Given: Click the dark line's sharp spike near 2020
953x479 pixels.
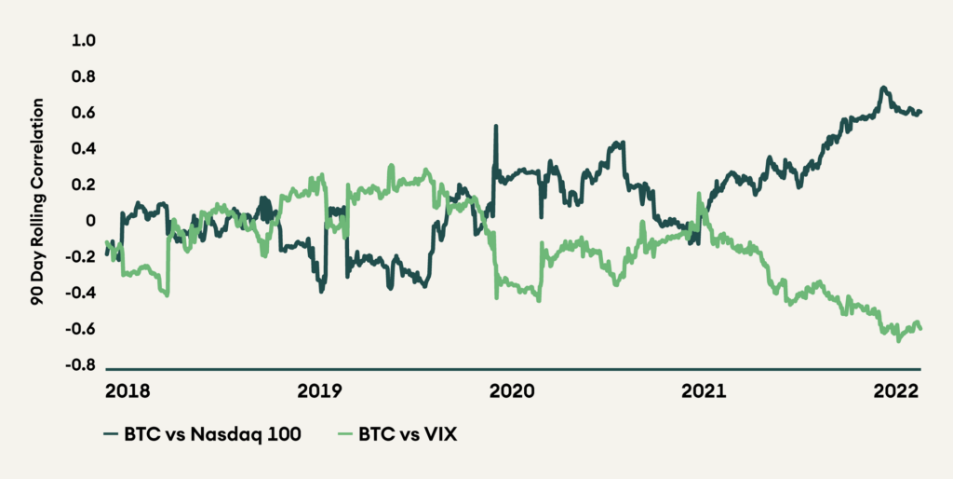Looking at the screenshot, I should tap(495, 126).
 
